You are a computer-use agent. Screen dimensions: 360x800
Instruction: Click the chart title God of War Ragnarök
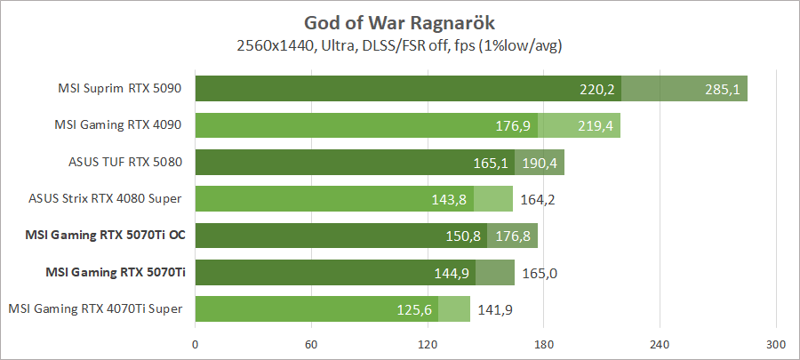(x=400, y=21)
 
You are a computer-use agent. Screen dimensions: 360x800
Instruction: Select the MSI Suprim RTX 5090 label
(x=120, y=89)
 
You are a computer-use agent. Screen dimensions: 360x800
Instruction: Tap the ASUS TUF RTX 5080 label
(x=125, y=162)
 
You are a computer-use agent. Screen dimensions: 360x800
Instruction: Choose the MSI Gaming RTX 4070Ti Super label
(x=96, y=308)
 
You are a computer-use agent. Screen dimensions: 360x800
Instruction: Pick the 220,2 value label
(x=597, y=89)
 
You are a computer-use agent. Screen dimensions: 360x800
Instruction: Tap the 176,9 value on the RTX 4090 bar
(x=513, y=126)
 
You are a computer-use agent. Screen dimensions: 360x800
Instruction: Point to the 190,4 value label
(x=540, y=163)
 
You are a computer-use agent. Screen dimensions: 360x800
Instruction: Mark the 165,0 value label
(x=540, y=273)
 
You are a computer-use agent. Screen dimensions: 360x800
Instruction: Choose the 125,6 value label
(x=413, y=309)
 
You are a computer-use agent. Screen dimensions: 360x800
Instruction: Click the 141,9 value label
(x=495, y=309)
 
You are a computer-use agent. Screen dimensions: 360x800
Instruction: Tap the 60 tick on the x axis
(x=311, y=344)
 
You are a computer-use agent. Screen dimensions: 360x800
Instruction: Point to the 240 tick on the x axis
(x=660, y=344)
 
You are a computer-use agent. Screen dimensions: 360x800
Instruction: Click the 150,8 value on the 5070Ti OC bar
(x=462, y=236)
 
